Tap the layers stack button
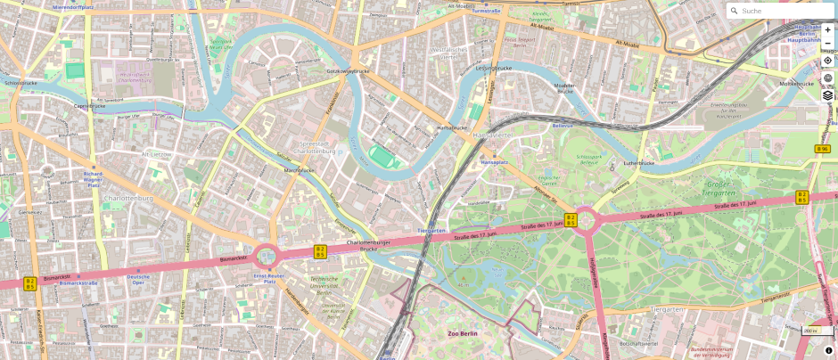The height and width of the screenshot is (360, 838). pyautogui.click(x=827, y=95)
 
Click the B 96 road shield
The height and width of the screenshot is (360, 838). pyautogui.click(x=822, y=149)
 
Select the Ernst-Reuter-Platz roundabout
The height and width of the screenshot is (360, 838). pyautogui.click(x=266, y=258)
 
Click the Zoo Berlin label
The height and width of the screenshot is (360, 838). pyautogui.click(x=463, y=333)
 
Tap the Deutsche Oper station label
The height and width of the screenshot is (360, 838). pyautogui.click(x=138, y=279)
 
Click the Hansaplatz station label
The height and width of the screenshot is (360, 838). pyautogui.click(x=494, y=162)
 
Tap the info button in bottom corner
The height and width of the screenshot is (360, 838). pyautogui.click(x=828, y=350)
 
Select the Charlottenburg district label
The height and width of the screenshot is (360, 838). pyautogui.click(x=128, y=198)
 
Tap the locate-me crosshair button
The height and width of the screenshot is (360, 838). pyautogui.click(x=827, y=60)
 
